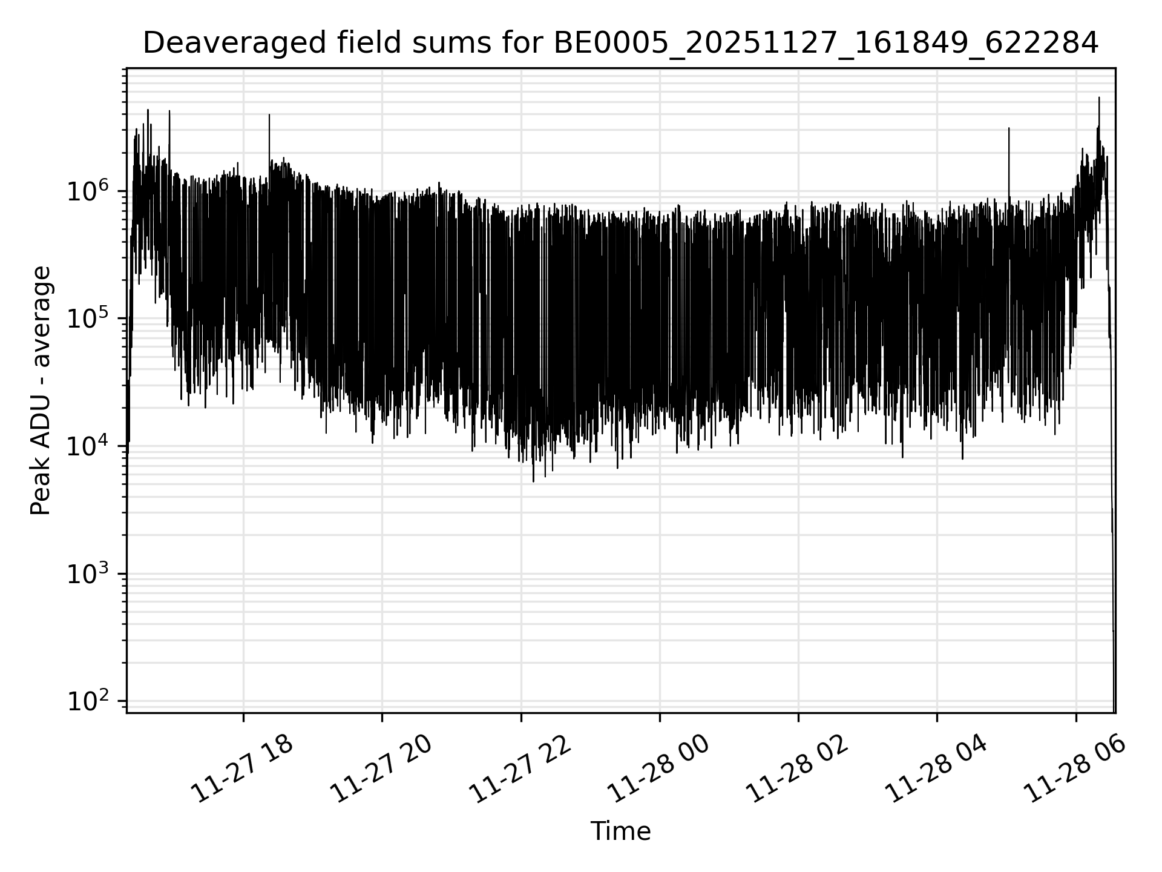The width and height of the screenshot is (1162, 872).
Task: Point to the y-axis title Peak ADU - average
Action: coord(41,391)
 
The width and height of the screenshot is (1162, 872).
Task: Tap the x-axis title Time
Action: coord(620,831)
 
